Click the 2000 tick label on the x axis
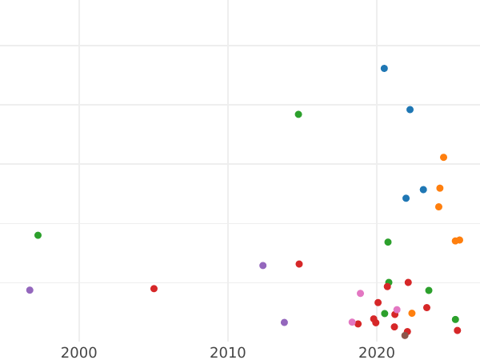tap(79, 353)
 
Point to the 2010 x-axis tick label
tap(228, 353)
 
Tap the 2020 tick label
tap(377, 353)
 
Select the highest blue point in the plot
tap(384, 69)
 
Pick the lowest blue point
tap(406, 198)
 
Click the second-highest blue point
tap(410, 110)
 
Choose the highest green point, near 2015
tap(298, 114)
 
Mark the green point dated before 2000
tap(38, 235)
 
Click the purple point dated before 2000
tap(30, 290)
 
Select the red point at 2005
tap(154, 289)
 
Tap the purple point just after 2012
tap(262, 266)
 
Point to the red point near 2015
tap(299, 264)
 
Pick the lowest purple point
tap(284, 322)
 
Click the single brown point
tap(405, 336)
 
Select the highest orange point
tap(443, 158)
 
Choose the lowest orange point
tap(412, 314)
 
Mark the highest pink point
tap(360, 294)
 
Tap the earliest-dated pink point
tap(352, 322)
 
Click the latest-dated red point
tap(458, 330)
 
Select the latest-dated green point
tap(455, 319)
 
